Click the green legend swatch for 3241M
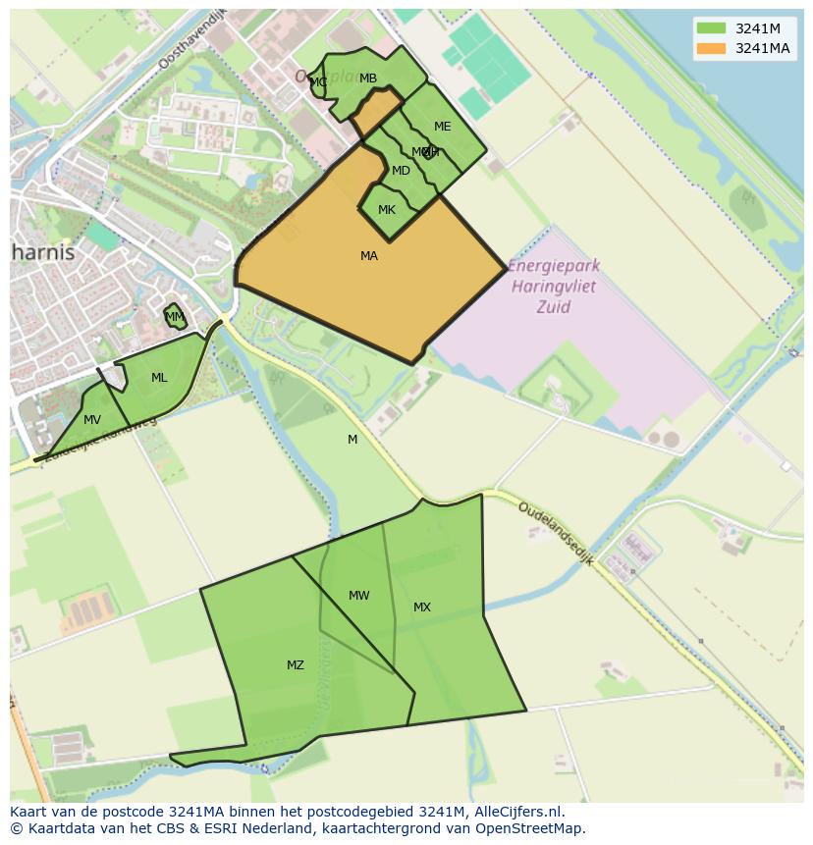coord(712,27)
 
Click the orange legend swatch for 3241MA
coord(712,48)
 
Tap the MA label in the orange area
coord(369,256)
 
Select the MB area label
coord(368,79)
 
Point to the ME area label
coord(443,127)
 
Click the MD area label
coord(401,171)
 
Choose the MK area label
coord(387,210)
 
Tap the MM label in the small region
coord(175,317)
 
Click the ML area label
coord(159,378)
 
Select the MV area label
coord(92,420)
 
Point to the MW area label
coord(359,596)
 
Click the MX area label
coord(422,607)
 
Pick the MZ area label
coord(296,665)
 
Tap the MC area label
coord(318,82)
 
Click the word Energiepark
coord(555,267)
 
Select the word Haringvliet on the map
coord(555,287)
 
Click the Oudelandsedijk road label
coord(555,533)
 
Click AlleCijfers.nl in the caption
coord(515,813)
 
